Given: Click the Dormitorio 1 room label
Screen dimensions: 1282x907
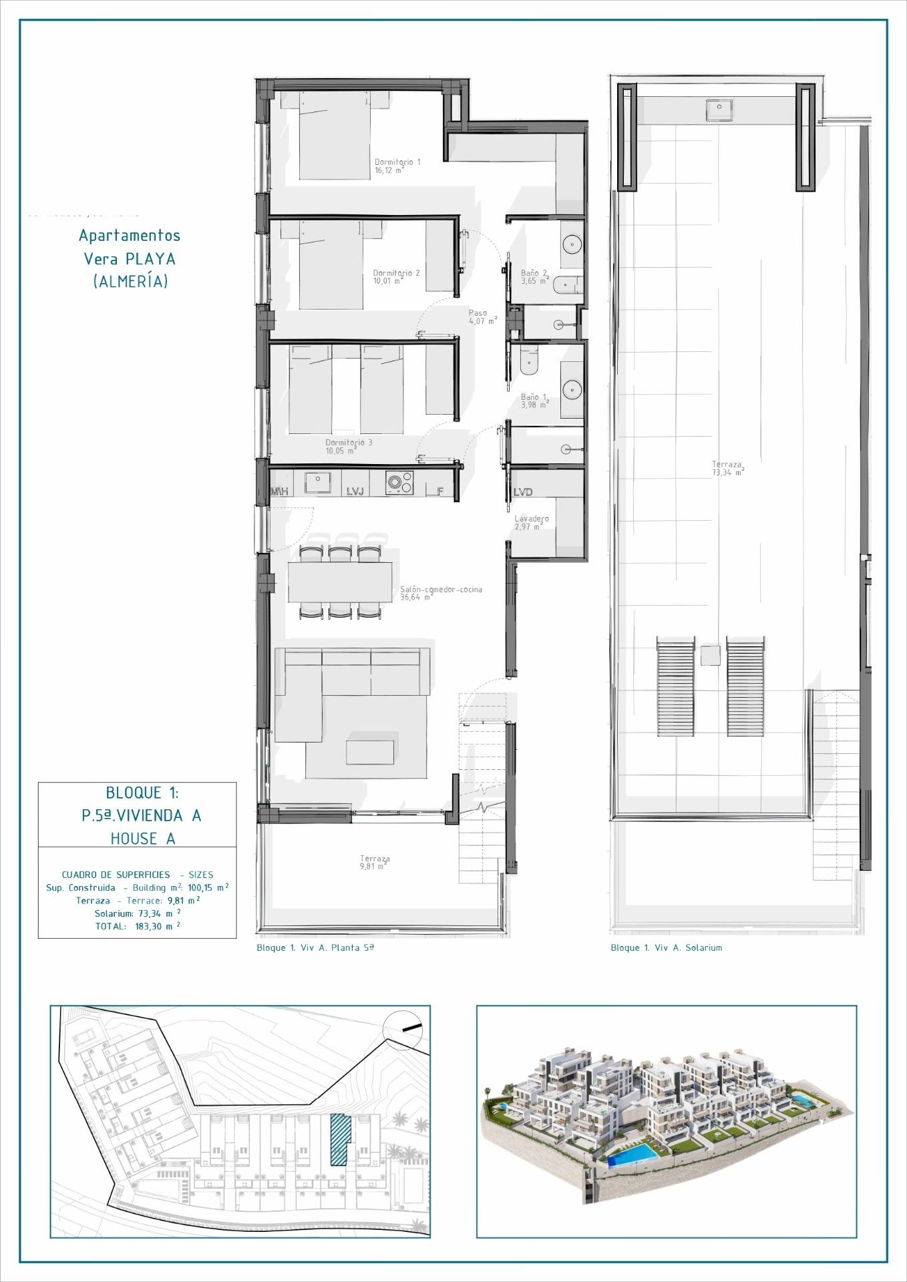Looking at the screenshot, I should (x=397, y=162).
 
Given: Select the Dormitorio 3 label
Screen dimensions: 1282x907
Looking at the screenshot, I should (x=349, y=443).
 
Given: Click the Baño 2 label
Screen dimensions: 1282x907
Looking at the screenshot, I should (x=534, y=273).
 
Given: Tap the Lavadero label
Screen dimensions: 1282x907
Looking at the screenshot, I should (x=532, y=519).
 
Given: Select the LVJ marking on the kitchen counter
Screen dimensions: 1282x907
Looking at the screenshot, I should (x=355, y=491).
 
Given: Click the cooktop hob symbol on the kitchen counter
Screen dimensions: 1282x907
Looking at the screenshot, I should (x=399, y=483).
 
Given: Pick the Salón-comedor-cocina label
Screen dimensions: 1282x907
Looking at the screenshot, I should (x=441, y=590).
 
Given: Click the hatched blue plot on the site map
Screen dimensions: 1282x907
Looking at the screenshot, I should (x=340, y=1140).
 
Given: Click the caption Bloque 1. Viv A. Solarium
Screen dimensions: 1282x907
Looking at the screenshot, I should (x=666, y=947).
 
